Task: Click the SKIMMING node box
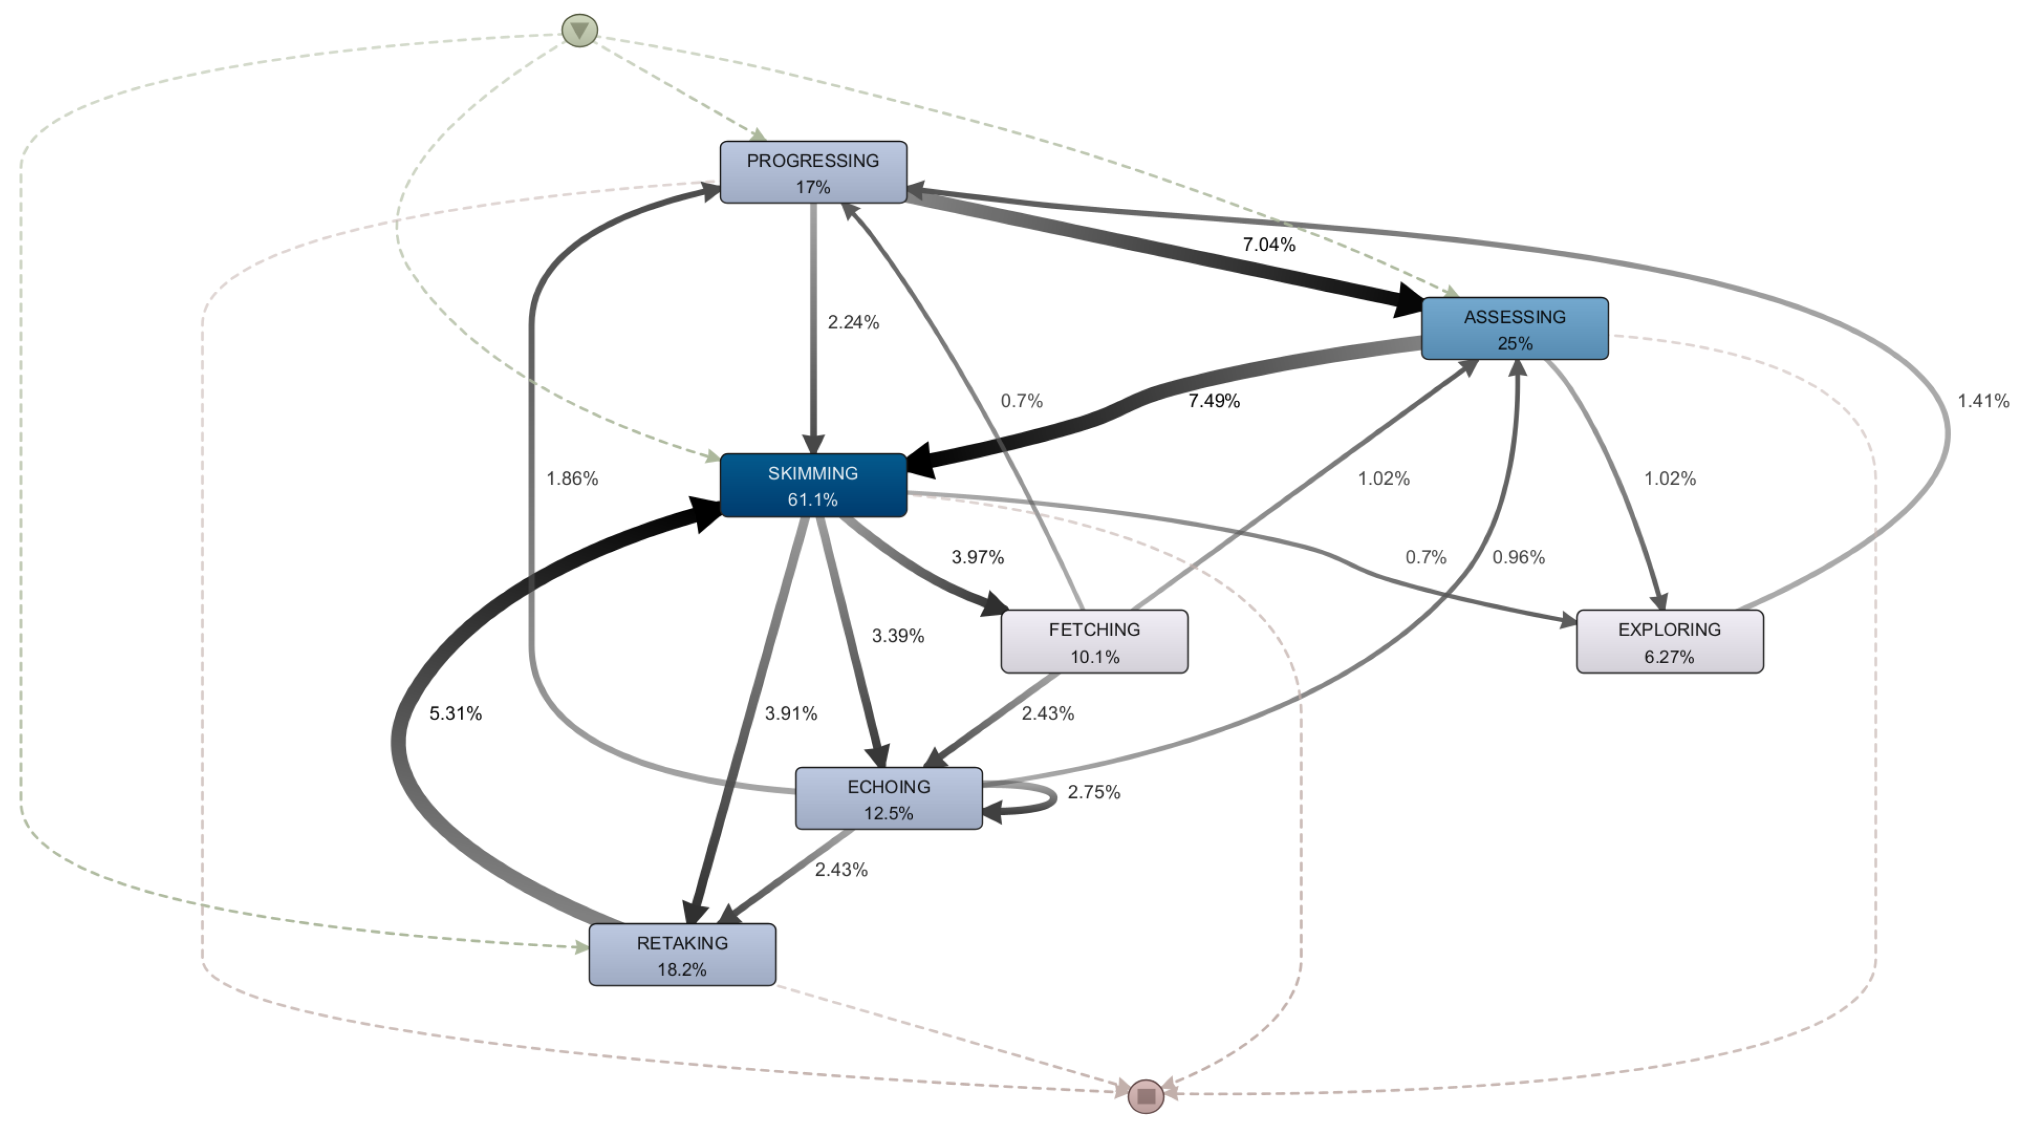tap(813, 485)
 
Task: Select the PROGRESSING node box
tap(813, 172)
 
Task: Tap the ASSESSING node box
tap(1514, 328)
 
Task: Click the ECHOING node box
tap(888, 798)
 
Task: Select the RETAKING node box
tap(682, 954)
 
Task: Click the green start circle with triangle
tap(580, 31)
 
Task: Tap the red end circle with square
tap(1145, 1096)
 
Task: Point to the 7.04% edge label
tap(1268, 244)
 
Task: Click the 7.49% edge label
tap(1213, 401)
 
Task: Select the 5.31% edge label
tap(455, 714)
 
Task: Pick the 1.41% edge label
tap(1983, 401)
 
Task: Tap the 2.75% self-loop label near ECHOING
tap(1094, 792)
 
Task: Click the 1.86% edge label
tap(572, 479)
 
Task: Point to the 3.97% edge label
tap(977, 557)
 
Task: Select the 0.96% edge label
tap(1517, 557)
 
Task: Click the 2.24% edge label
tap(853, 322)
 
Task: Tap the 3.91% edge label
tap(791, 714)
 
